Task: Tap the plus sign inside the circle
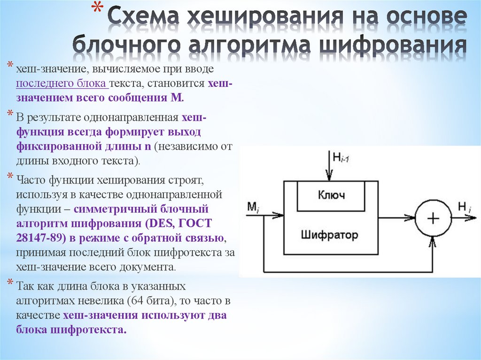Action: (432, 218)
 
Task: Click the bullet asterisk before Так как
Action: (10, 283)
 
